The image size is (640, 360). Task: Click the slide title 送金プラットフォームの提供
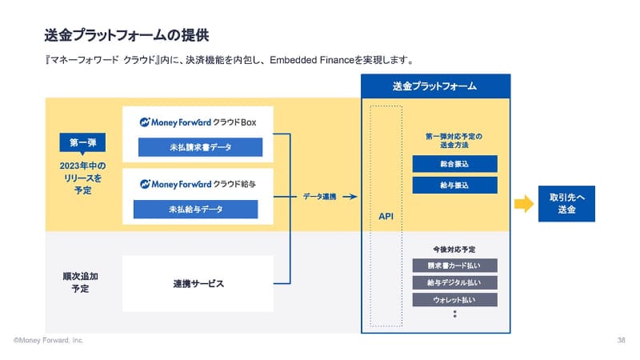pos(129,34)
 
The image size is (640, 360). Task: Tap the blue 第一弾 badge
pos(83,144)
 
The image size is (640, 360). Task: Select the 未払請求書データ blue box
pos(200,147)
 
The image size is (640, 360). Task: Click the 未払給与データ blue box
pos(196,209)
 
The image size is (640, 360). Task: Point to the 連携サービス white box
pos(198,283)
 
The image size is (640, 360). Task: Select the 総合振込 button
pos(454,163)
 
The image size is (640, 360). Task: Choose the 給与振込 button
pos(454,185)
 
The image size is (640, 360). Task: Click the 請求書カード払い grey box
pos(454,265)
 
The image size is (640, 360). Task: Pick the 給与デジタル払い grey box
pos(454,282)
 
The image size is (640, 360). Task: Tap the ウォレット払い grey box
pos(454,300)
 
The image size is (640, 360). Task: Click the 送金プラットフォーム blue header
pos(435,86)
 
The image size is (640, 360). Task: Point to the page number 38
pos(622,341)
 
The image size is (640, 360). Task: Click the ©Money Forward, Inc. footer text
pos(48,341)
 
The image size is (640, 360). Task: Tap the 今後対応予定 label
pos(454,249)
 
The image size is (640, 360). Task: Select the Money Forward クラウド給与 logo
pos(202,184)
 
